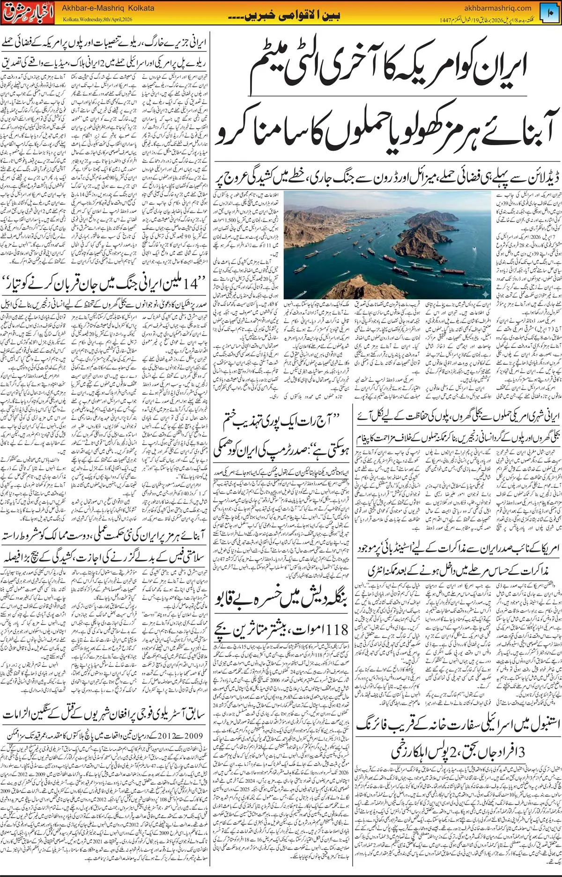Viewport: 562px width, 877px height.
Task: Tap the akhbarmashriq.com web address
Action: click(498, 7)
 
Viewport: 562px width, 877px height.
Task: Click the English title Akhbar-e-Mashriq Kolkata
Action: click(108, 8)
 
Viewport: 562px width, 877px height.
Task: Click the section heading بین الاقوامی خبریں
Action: click(284, 15)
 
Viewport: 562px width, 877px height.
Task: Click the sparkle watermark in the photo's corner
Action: click(486, 294)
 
